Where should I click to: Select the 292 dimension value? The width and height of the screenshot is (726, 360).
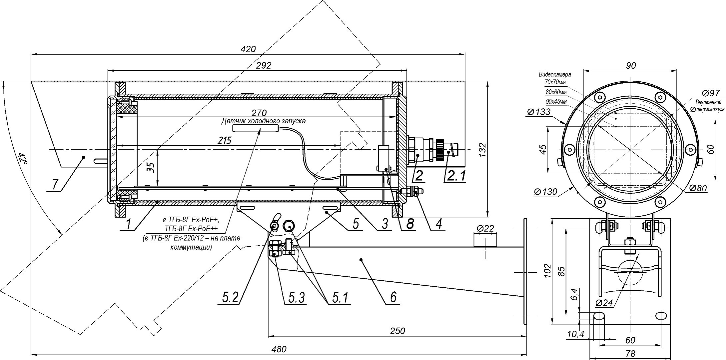tap(264, 65)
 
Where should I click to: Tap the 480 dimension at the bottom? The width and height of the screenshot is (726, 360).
tap(279, 349)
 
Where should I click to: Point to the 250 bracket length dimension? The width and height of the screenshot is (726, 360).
tap(397, 331)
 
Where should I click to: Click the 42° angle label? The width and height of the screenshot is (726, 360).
tap(22, 158)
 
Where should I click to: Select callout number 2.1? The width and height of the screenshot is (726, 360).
tap(456, 175)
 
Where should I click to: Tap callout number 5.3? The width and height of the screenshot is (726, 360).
tap(296, 297)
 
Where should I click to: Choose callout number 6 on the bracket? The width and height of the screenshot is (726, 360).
tap(393, 297)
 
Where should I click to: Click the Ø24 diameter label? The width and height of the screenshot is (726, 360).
tap(603, 303)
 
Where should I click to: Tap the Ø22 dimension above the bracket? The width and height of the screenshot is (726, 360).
tap(485, 228)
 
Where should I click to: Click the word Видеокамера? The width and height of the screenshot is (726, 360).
tap(554, 74)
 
